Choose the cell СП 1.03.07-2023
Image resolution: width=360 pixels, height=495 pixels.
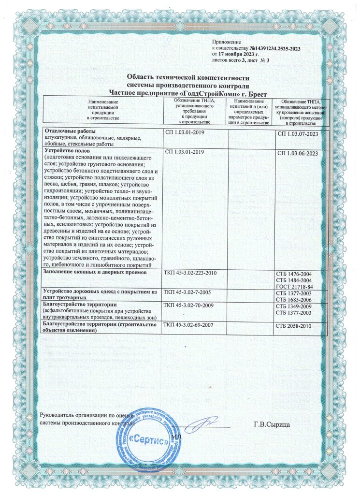pos(298,133)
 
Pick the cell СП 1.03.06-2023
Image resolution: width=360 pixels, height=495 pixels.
pos(298,153)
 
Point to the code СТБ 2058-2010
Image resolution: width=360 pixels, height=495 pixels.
pos(293,326)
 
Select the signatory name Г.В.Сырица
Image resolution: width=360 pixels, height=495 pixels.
pos(271,424)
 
